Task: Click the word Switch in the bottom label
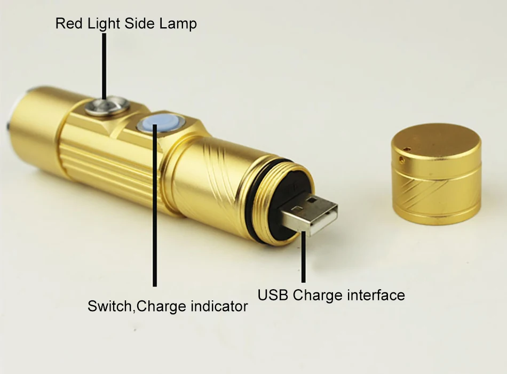[x=109, y=306]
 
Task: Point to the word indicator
[x=219, y=306]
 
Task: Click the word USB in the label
[x=273, y=295]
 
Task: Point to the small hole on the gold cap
[x=402, y=158]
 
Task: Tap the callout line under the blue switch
[x=155, y=205]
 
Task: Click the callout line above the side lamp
[x=104, y=66]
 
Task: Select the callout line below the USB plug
[x=303, y=257]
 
